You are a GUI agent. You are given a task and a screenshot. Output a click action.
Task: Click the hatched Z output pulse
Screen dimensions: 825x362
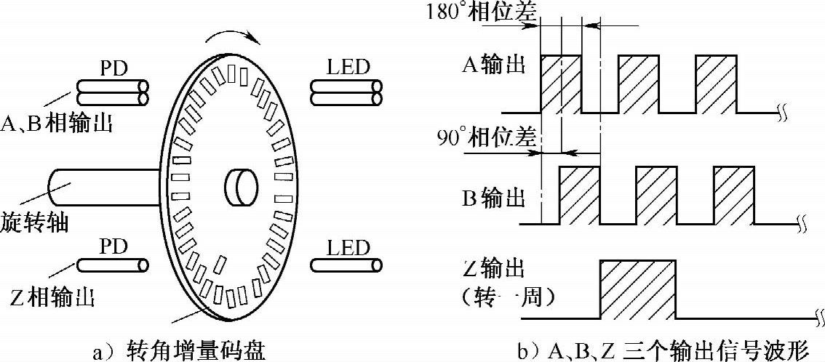pyautogui.click(x=637, y=289)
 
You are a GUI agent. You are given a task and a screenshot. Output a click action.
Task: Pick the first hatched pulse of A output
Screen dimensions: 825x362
pyautogui.click(x=560, y=84)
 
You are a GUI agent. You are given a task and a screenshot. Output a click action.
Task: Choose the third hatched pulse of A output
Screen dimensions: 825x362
pyautogui.click(x=716, y=84)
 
